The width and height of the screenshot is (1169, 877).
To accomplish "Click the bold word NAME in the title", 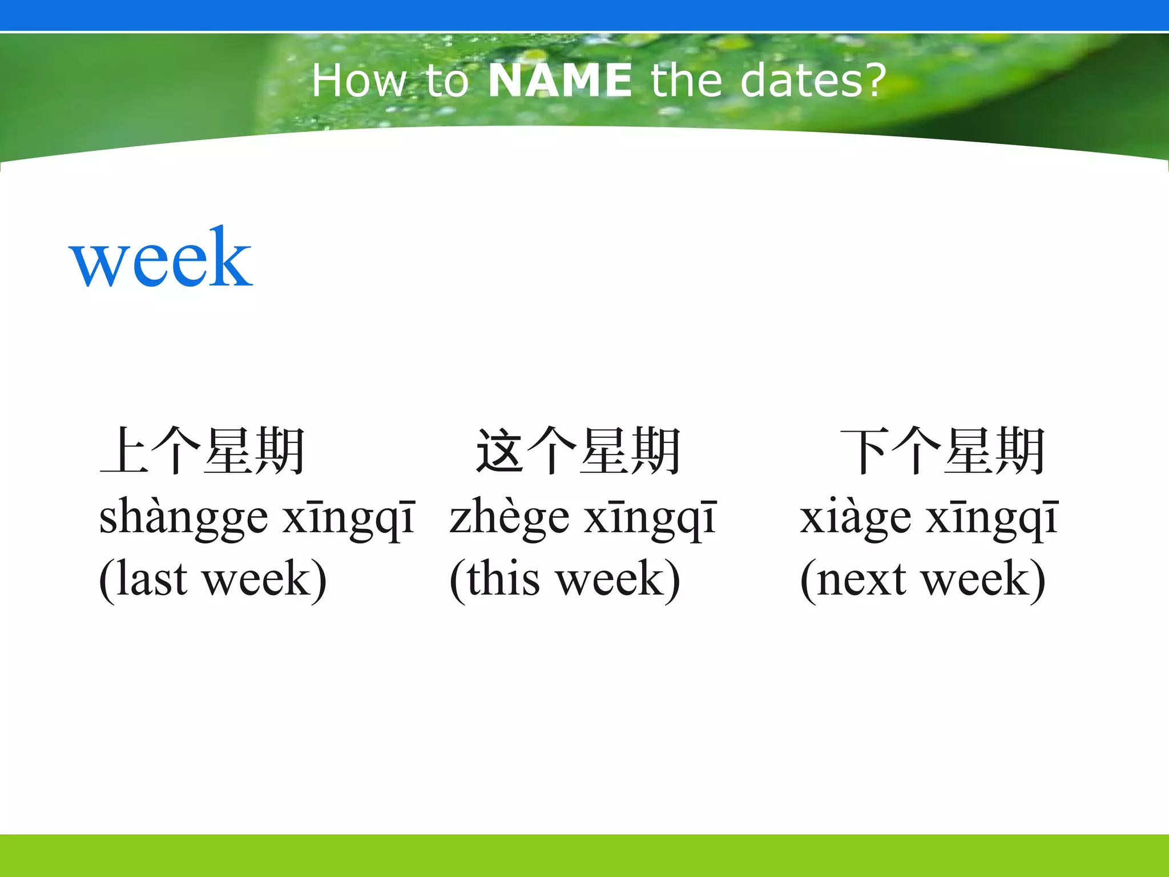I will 559,81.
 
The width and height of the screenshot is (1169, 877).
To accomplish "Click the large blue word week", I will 160,259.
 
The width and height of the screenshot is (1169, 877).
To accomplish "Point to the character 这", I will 500,451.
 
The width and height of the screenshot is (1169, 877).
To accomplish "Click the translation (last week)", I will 213,580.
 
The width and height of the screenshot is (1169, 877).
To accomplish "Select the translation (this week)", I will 565,580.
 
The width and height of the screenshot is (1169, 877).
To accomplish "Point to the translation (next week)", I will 922,580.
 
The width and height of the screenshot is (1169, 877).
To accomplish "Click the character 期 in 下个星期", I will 1019,451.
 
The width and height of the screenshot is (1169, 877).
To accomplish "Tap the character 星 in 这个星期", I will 604,451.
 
